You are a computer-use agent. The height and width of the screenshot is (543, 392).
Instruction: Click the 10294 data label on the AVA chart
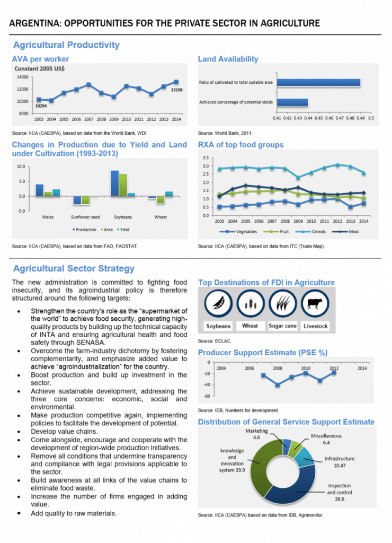tap(41, 106)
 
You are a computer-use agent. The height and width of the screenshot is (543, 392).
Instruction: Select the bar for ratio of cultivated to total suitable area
tap(318, 82)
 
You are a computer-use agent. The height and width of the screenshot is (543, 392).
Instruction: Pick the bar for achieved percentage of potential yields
tap(292, 102)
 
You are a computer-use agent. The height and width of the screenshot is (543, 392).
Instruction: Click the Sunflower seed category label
tap(85, 217)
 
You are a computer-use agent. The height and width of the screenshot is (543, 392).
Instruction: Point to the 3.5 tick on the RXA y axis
tap(206, 158)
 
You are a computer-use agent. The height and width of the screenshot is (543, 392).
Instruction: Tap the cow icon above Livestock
tap(316, 304)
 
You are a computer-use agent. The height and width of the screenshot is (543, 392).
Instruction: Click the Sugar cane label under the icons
tap(283, 326)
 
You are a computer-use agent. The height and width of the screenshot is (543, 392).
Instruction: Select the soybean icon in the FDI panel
tap(218, 304)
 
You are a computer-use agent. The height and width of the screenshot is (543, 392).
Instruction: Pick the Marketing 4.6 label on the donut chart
tap(256, 434)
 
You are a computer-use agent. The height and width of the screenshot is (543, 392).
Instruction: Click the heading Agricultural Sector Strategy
tap(74, 269)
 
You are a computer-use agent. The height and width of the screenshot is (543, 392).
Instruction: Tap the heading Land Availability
tap(228, 59)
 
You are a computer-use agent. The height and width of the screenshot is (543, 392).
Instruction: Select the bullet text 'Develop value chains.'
tap(64, 432)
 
